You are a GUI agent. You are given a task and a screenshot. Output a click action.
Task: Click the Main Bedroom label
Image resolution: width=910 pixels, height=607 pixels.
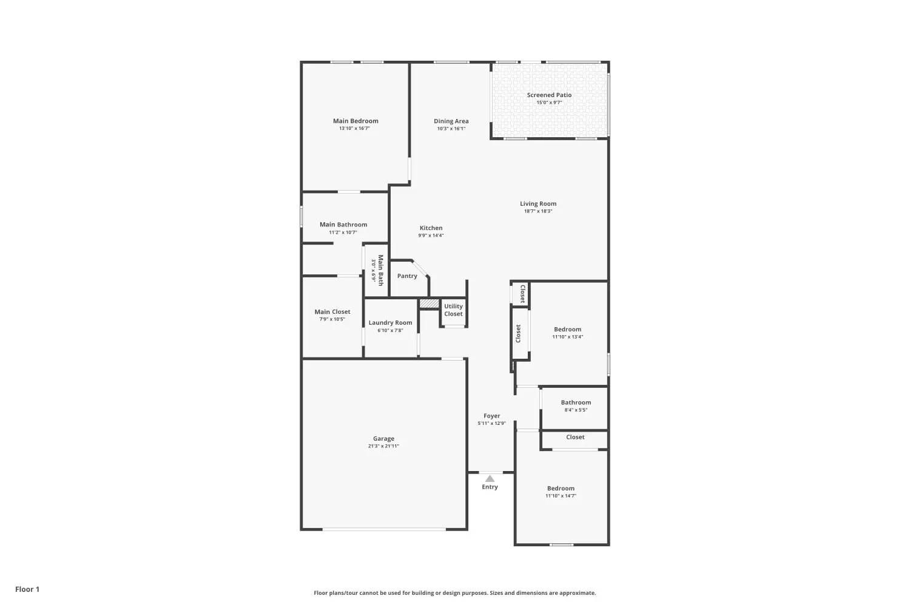(356, 121)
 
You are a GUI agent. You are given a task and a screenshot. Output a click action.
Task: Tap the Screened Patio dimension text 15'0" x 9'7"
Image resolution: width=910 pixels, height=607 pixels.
(549, 103)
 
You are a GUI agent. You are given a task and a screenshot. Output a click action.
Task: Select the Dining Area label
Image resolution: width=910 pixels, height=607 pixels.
(451, 121)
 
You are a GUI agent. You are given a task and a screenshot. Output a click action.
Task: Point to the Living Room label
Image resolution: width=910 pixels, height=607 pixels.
(538, 204)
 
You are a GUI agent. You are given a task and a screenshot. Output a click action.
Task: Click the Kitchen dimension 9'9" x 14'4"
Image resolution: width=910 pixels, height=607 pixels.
(431, 236)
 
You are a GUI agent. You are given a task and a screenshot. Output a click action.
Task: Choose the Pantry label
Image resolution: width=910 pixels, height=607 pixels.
(407, 276)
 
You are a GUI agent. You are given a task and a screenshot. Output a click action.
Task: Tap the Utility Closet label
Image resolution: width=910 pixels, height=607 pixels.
(453, 310)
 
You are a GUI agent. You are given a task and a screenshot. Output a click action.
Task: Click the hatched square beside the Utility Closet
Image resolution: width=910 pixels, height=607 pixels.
(429, 303)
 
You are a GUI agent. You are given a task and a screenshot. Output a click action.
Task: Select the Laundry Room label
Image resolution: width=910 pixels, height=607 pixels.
(390, 323)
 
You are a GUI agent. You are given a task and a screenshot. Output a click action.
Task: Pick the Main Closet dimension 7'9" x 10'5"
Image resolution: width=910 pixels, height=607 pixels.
(332, 319)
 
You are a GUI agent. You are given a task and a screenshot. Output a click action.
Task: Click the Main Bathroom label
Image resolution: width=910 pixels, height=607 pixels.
(343, 225)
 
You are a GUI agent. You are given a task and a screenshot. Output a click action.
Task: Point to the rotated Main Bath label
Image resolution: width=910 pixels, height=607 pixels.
(380, 270)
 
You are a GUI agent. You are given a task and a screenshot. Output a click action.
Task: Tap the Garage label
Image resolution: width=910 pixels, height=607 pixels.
(383, 439)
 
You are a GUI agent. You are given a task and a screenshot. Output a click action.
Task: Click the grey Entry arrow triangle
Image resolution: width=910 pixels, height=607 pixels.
(490, 478)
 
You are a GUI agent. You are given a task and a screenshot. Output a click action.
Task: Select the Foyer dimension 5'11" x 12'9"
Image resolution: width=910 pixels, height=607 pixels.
(491, 423)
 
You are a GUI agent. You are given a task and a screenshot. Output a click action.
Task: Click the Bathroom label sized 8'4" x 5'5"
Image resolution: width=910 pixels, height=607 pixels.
(576, 402)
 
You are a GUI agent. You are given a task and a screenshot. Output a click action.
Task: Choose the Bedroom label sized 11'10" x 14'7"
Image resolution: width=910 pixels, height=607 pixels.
(561, 488)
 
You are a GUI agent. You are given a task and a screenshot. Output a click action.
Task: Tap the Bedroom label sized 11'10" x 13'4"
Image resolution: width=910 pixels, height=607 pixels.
(567, 330)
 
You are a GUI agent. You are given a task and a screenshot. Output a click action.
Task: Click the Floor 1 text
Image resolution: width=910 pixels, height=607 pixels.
(27, 589)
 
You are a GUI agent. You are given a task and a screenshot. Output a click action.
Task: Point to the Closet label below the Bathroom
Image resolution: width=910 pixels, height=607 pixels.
(575, 437)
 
